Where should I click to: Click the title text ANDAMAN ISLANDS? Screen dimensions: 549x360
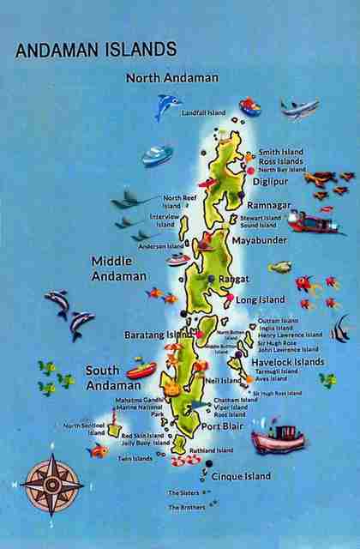(x=96, y=50)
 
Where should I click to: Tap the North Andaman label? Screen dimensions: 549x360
(x=172, y=78)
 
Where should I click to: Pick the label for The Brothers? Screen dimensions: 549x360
(x=187, y=508)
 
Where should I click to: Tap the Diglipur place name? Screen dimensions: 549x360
(x=272, y=182)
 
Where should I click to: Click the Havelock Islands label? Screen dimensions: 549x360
(x=288, y=362)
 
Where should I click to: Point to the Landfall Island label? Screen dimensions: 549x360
(x=204, y=112)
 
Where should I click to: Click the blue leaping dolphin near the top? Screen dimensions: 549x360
(x=167, y=106)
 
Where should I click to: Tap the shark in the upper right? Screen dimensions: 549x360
(x=299, y=108)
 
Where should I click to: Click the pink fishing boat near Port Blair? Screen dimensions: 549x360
(x=277, y=438)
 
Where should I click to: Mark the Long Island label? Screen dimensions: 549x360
(x=261, y=300)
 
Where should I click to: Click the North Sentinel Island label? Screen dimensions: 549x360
(x=84, y=428)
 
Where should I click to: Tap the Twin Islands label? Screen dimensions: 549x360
(x=135, y=459)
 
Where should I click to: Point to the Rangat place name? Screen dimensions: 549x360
(x=234, y=279)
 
